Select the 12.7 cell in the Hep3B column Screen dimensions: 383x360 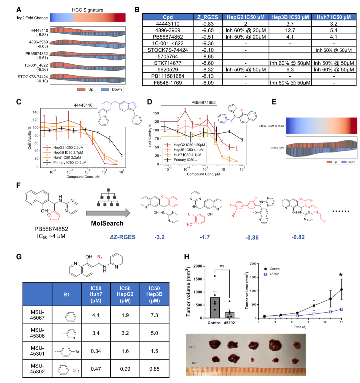click(x=290, y=30)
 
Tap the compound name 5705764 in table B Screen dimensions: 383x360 click(x=168, y=56)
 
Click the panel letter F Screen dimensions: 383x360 click(x=19, y=185)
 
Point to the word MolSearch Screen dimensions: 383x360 click(x=107, y=224)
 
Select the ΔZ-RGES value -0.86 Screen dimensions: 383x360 click(x=252, y=238)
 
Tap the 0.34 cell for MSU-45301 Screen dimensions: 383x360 click(x=96, y=351)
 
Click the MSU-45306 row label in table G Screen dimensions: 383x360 click(x=37, y=333)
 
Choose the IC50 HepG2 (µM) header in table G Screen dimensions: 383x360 click(x=125, y=294)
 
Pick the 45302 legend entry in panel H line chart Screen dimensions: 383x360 click(x=272, y=274)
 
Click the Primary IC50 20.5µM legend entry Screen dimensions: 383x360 click(x=66, y=162)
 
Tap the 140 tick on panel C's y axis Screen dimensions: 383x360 click(x=36, y=112)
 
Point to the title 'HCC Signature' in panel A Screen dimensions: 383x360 click(x=88, y=10)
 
